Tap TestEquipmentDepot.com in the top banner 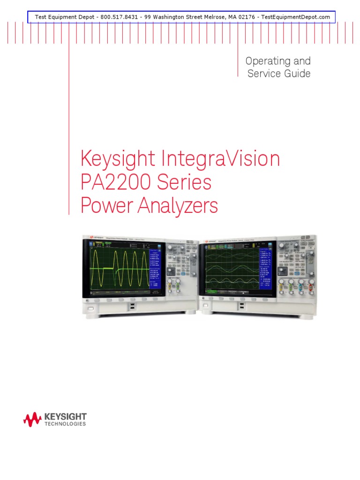295,17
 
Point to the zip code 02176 244,17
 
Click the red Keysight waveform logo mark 32,419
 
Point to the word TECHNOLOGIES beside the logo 65,424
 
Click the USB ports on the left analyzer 133,306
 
